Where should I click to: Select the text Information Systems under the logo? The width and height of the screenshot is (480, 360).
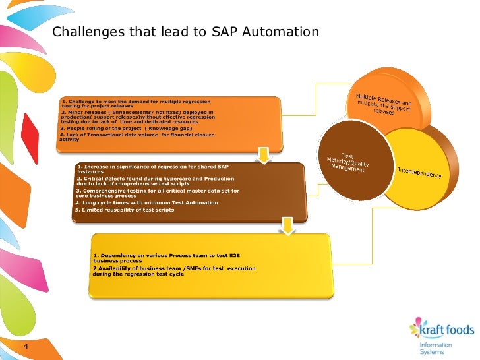point(436,349)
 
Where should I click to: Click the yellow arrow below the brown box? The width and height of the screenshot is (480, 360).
point(288,226)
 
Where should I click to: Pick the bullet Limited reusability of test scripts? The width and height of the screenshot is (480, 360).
point(125,210)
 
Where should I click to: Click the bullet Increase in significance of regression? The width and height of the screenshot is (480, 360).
point(158,169)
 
